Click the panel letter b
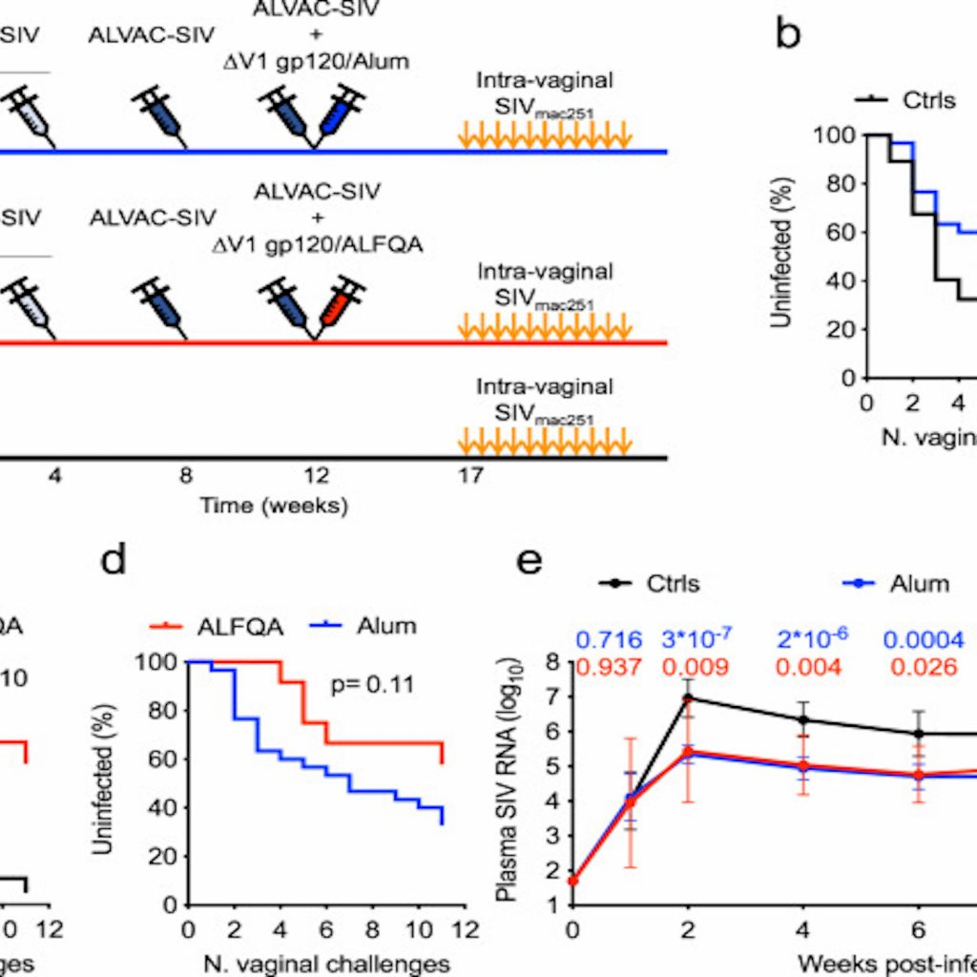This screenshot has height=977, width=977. click(788, 35)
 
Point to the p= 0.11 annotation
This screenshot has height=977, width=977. click(372, 684)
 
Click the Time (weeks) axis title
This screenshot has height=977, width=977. click(274, 505)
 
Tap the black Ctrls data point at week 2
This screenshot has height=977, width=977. click(688, 698)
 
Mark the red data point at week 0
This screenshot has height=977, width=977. click(572, 880)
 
